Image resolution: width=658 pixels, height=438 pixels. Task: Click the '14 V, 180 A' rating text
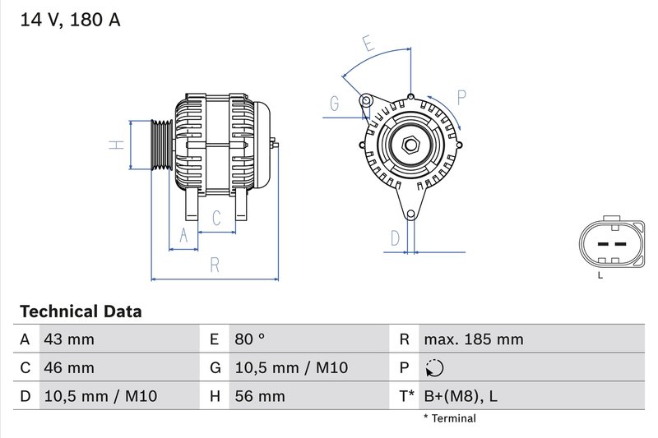pos(69,21)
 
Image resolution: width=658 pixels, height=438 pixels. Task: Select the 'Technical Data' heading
pos(81,311)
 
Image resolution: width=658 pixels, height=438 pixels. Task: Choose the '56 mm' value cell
pos(259,397)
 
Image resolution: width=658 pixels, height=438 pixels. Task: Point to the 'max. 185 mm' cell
pos(473,339)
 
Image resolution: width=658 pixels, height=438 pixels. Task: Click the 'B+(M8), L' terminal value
pos(461,397)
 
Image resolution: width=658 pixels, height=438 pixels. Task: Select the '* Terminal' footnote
pos(449,419)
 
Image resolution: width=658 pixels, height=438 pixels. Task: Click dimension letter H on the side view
pos(118,145)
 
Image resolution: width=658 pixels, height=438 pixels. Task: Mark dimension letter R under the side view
pos(214,265)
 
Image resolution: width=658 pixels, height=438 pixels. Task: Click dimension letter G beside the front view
pos(334,104)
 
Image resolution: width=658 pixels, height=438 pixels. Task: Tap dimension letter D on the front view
pos(395,238)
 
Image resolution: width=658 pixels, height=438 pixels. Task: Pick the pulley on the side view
pos(159,145)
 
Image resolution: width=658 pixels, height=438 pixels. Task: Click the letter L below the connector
pos(600,275)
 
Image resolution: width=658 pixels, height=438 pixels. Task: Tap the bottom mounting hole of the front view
pos(410,214)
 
